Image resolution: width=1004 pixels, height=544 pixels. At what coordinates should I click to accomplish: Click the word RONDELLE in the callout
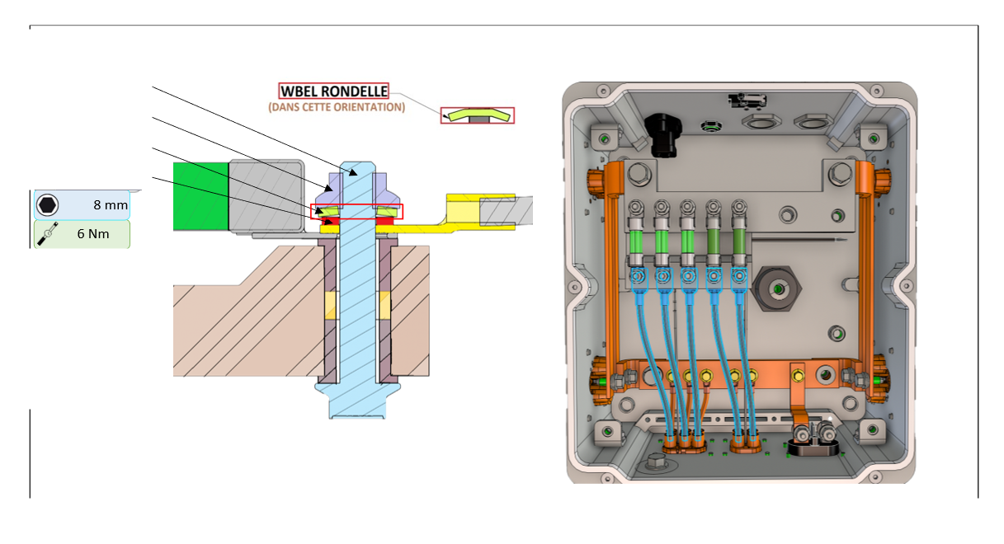click(x=355, y=91)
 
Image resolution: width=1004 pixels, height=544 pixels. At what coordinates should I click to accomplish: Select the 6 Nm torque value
click(x=93, y=233)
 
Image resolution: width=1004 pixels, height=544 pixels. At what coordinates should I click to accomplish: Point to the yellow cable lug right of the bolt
click(x=462, y=210)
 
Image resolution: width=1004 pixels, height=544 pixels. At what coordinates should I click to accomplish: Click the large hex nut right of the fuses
click(x=778, y=289)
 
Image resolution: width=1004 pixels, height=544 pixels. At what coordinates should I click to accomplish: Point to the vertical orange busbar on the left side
click(x=612, y=264)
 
